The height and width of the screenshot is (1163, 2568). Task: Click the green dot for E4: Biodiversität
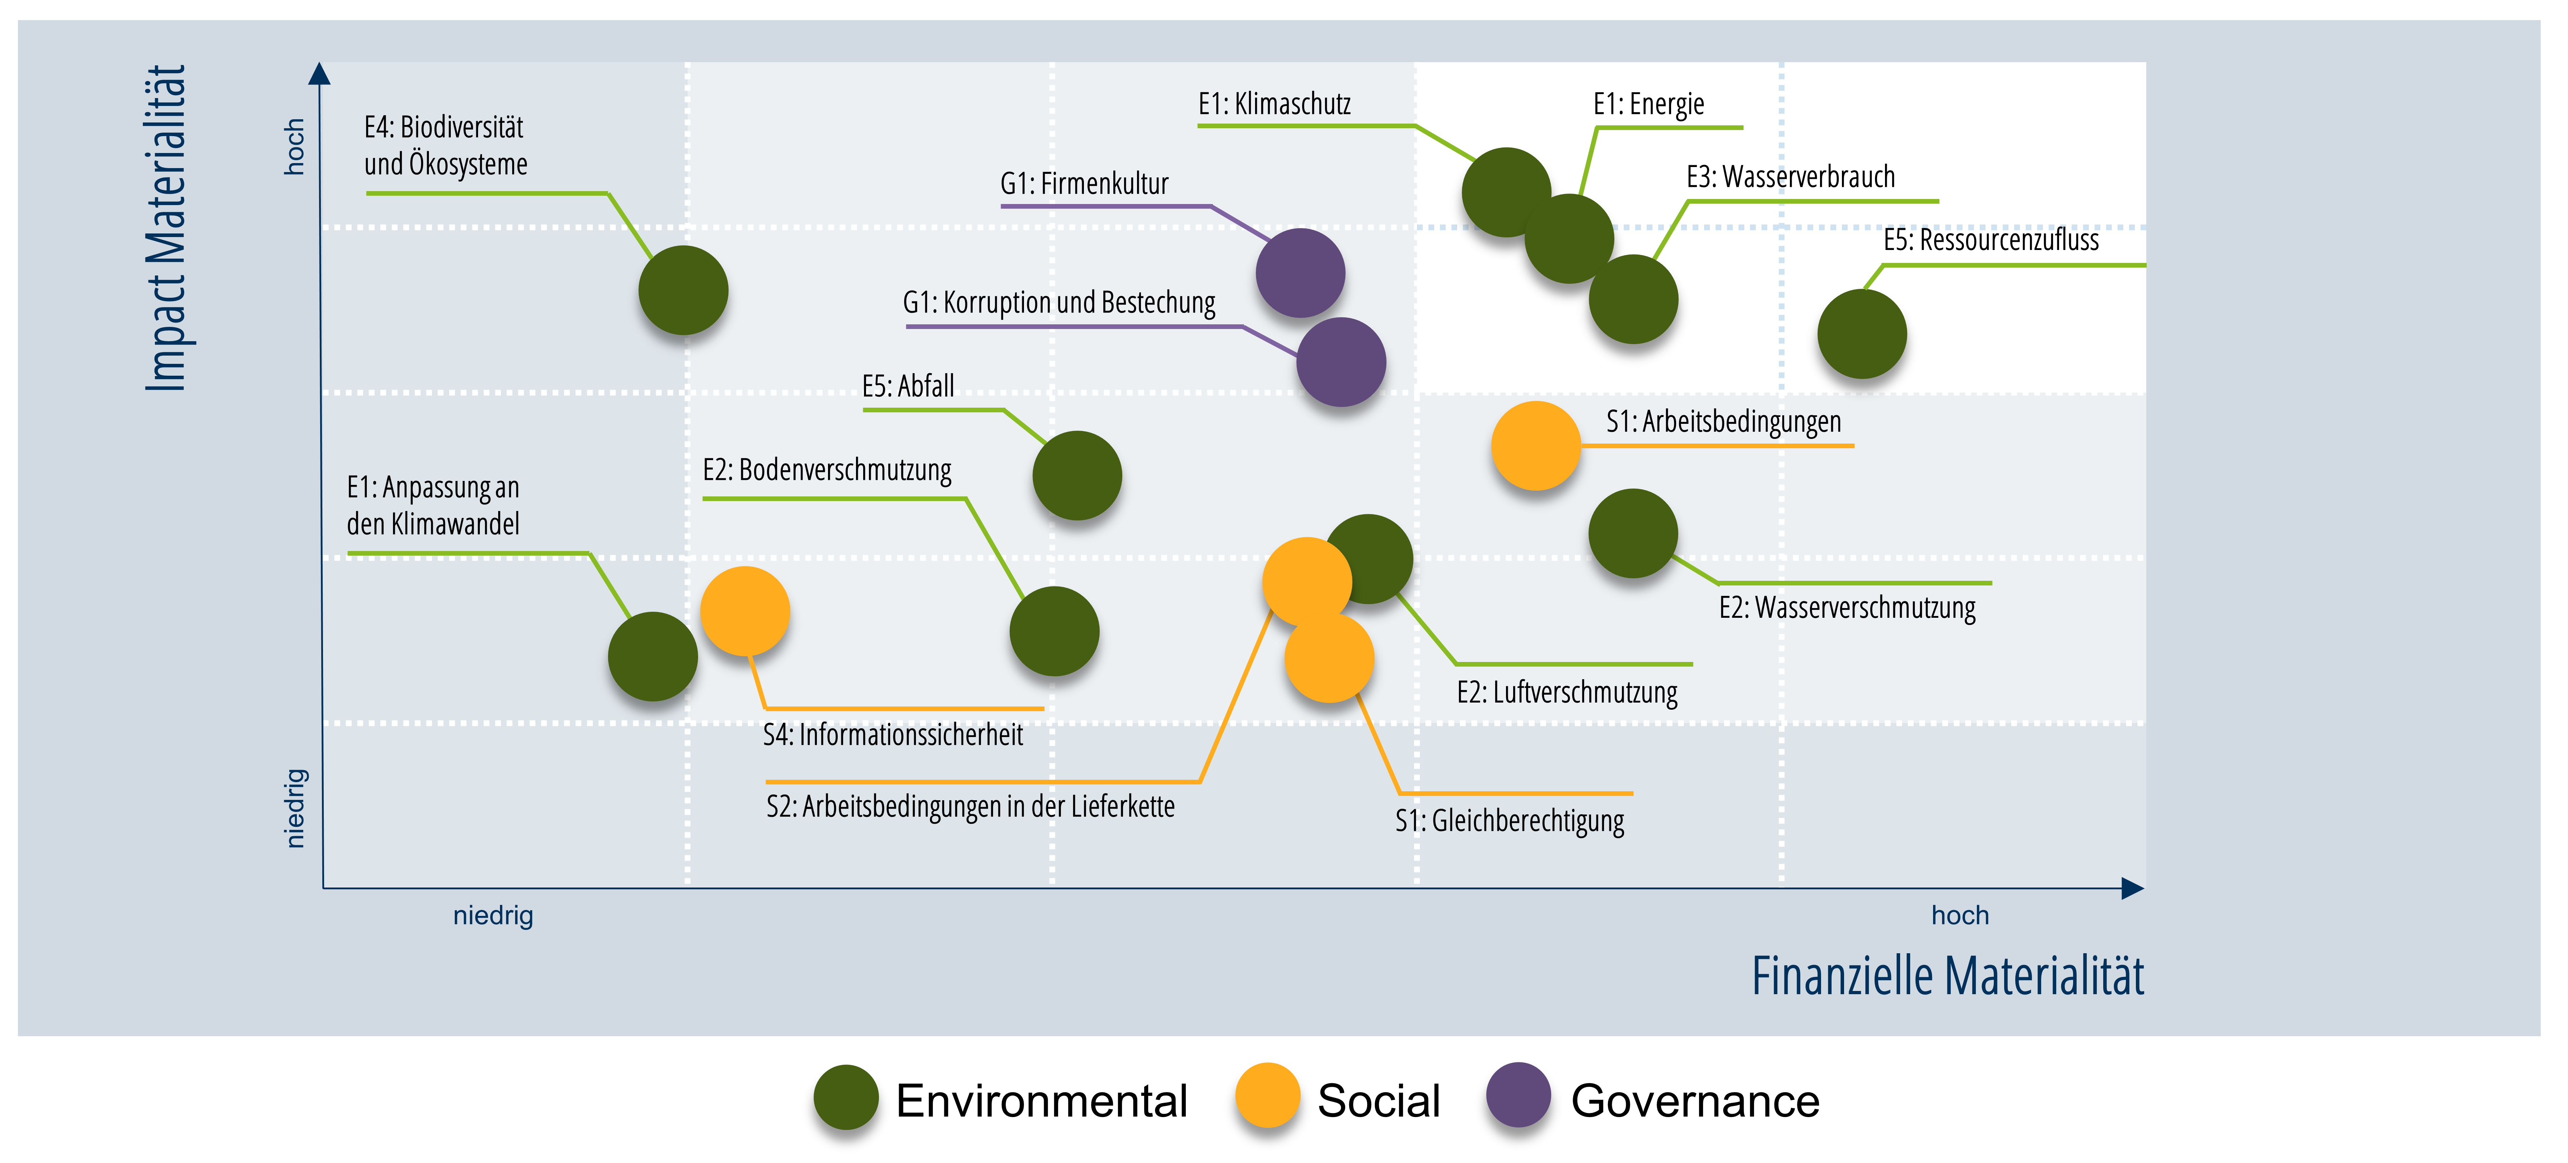pyautogui.click(x=683, y=290)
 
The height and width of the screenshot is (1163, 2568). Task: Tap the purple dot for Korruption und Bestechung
pyautogui.click(x=1341, y=362)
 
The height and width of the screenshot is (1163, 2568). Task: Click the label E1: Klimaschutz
pyautogui.click(x=1274, y=104)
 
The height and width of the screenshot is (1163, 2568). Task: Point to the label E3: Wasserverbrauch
pyautogui.click(x=1791, y=177)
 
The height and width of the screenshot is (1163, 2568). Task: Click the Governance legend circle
pyautogui.click(x=1518, y=1095)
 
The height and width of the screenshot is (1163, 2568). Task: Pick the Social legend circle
pyautogui.click(x=1267, y=1095)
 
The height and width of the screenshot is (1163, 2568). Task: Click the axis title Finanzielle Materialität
pyautogui.click(x=1948, y=976)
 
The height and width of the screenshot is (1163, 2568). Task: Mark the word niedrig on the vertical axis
pyautogui.click(x=295, y=808)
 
